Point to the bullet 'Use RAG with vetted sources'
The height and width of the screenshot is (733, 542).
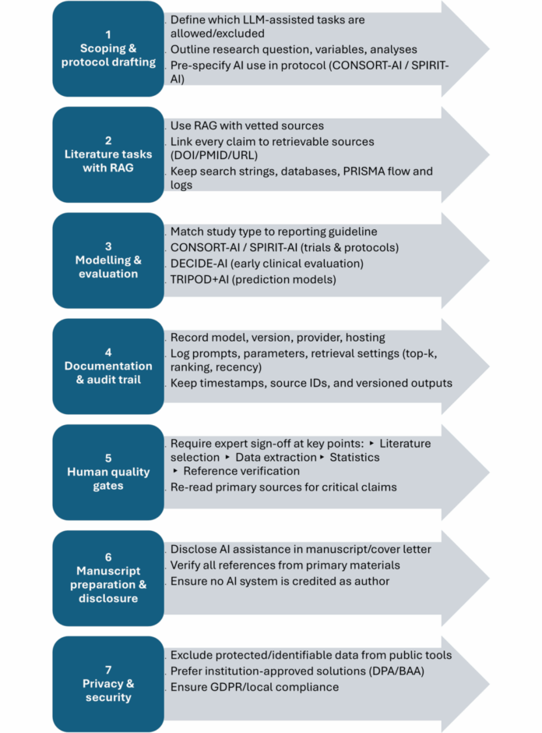(x=247, y=126)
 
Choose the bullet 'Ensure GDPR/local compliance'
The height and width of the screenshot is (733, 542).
(x=255, y=687)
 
